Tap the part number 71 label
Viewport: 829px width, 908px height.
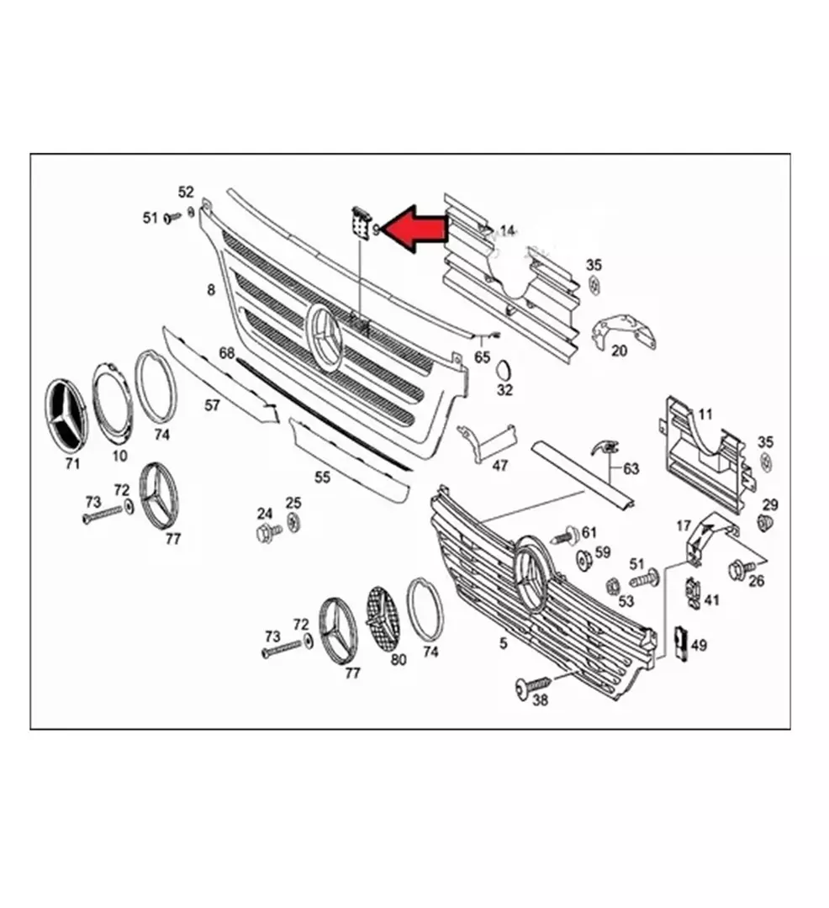[72, 463]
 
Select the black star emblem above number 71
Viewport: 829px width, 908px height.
[65, 415]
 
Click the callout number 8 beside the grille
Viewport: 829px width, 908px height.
[211, 289]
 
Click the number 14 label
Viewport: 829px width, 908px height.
[506, 231]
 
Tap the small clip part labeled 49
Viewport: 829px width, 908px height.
[681, 643]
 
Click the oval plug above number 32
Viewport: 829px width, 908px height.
[504, 369]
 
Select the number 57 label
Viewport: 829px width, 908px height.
[213, 404]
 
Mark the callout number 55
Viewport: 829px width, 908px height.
[323, 477]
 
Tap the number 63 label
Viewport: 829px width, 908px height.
[631, 467]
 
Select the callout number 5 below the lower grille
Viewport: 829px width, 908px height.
[503, 642]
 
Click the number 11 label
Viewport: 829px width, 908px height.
[705, 414]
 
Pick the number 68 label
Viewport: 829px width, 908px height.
[227, 352]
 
